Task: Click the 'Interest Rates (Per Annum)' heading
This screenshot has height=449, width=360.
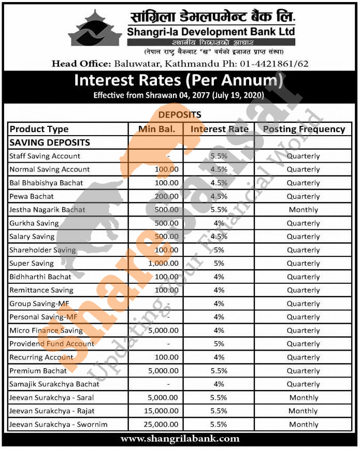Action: (179, 81)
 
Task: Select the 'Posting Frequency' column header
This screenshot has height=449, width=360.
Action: (304, 129)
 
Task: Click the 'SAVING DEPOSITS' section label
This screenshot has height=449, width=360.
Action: (50, 142)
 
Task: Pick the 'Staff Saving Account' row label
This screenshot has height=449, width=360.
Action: (45, 156)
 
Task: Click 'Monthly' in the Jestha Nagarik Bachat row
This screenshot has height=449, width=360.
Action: (304, 210)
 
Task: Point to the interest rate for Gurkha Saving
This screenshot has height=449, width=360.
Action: (219, 223)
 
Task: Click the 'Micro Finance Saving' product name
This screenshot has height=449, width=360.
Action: (46, 330)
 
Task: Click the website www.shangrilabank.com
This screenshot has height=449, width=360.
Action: (180, 439)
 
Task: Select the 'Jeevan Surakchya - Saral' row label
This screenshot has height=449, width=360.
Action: (50, 398)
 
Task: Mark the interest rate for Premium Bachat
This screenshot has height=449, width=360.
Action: (219, 371)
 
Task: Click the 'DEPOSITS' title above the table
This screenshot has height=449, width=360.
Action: (180, 114)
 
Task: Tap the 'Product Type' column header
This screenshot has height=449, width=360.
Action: (39, 129)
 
